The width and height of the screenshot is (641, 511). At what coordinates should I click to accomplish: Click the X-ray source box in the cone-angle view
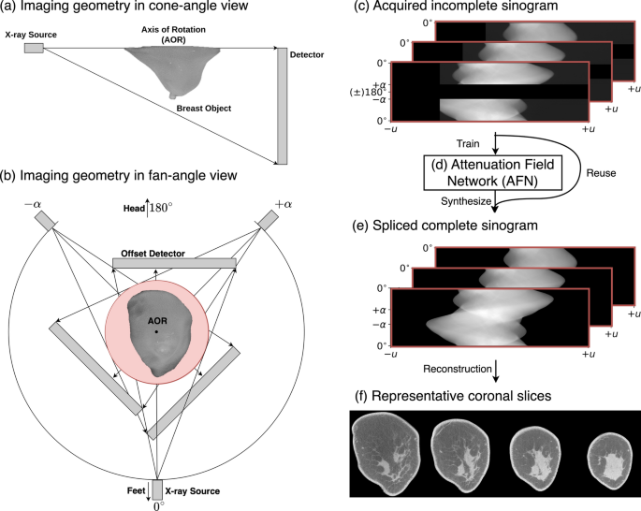pos(34,48)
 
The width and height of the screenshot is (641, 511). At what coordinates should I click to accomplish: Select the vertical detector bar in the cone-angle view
pos(282,105)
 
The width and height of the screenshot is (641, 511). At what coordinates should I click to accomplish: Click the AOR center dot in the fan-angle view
pos(156,332)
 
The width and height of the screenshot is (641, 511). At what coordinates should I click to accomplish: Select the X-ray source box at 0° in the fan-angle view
pos(156,489)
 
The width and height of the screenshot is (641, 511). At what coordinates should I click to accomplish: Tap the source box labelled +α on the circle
pos(266,219)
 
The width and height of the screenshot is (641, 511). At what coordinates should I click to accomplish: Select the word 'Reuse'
pos(602,172)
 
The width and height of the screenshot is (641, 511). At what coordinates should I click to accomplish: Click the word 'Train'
pos(469,145)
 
